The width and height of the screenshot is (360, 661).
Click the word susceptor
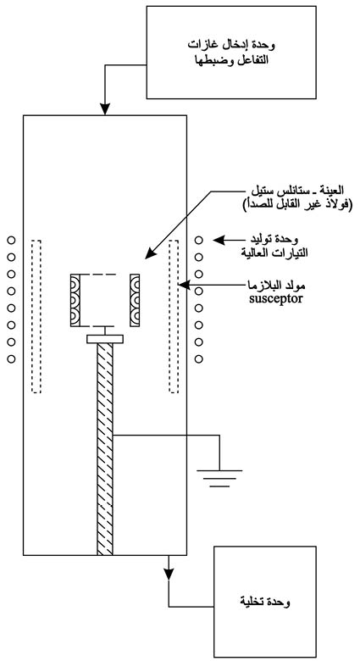275,300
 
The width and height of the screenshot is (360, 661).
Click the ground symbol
219,478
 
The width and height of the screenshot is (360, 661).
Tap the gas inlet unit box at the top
231,53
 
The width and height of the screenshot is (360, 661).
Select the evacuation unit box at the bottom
265,602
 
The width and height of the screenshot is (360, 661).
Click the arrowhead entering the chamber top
105,109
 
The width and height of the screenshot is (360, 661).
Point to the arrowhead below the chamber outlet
169,575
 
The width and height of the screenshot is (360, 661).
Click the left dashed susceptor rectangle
36,316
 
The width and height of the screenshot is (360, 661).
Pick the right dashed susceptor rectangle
174,316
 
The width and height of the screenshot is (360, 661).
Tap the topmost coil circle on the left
11,241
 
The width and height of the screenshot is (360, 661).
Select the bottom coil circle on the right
198,359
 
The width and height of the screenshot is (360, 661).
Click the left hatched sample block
75,300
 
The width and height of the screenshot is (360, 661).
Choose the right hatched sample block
135,300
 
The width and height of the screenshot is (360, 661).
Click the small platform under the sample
105,339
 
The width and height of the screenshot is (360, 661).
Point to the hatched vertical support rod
105,449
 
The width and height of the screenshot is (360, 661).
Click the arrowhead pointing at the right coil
219,241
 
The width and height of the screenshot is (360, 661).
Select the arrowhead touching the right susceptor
184,285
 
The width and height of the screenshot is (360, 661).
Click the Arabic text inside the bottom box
265,603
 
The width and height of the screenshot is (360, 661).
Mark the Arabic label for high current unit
274,247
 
